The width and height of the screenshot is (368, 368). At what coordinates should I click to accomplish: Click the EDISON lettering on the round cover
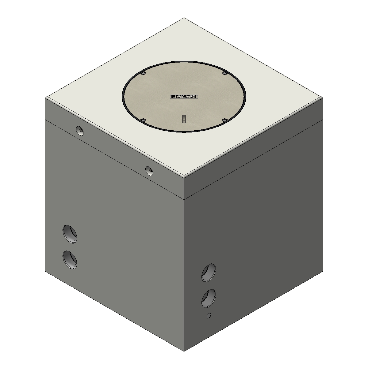pyautogui.click(x=184, y=97)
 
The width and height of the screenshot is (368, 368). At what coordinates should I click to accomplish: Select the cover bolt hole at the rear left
pyautogui.click(x=143, y=73)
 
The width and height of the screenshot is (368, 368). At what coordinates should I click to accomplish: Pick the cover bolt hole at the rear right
pyautogui.click(x=224, y=73)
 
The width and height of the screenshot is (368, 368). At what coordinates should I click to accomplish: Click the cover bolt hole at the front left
pyautogui.click(x=143, y=120)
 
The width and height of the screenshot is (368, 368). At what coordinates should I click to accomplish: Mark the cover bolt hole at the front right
pyautogui.click(x=224, y=120)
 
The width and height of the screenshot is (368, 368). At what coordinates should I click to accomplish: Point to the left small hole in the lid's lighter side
pyautogui.click(x=80, y=131)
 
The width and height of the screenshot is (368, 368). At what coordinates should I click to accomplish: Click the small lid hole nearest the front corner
pyautogui.click(x=149, y=171)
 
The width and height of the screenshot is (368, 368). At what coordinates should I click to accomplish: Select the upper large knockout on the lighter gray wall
pyautogui.click(x=70, y=234)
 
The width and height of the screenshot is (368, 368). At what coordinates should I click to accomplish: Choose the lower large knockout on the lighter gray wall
pyautogui.click(x=70, y=260)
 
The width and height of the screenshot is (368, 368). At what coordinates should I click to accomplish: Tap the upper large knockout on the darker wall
pyautogui.click(x=209, y=272)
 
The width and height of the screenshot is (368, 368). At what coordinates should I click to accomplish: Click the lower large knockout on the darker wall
pyautogui.click(x=209, y=298)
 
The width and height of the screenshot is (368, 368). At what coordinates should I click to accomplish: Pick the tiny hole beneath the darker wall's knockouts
pyautogui.click(x=209, y=316)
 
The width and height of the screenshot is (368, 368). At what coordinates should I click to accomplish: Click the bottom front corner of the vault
pyautogui.click(x=184, y=351)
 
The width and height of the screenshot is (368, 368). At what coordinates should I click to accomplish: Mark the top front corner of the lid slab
pyautogui.click(x=184, y=177)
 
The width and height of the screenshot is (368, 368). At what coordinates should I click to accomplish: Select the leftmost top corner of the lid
pyautogui.click(x=45, y=98)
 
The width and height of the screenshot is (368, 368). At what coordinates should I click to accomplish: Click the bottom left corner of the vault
pyautogui.click(x=45, y=271)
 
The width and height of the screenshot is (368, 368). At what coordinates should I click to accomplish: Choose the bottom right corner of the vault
pyautogui.click(x=323, y=271)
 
